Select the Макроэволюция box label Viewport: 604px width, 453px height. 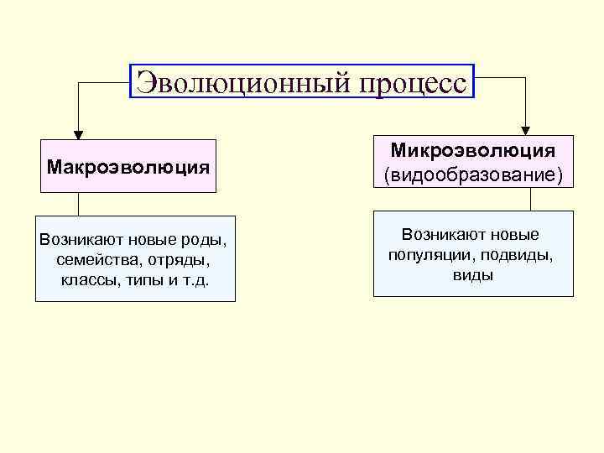[128, 166]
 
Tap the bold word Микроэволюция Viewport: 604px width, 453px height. [473, 151]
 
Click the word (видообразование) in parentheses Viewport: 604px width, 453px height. [473, 175]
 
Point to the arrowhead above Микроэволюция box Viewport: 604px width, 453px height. [526, 129]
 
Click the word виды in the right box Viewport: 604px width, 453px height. [473, 273]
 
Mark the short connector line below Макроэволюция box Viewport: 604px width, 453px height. [78, 205]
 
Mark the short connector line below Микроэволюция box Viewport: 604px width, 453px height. [530, 199]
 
